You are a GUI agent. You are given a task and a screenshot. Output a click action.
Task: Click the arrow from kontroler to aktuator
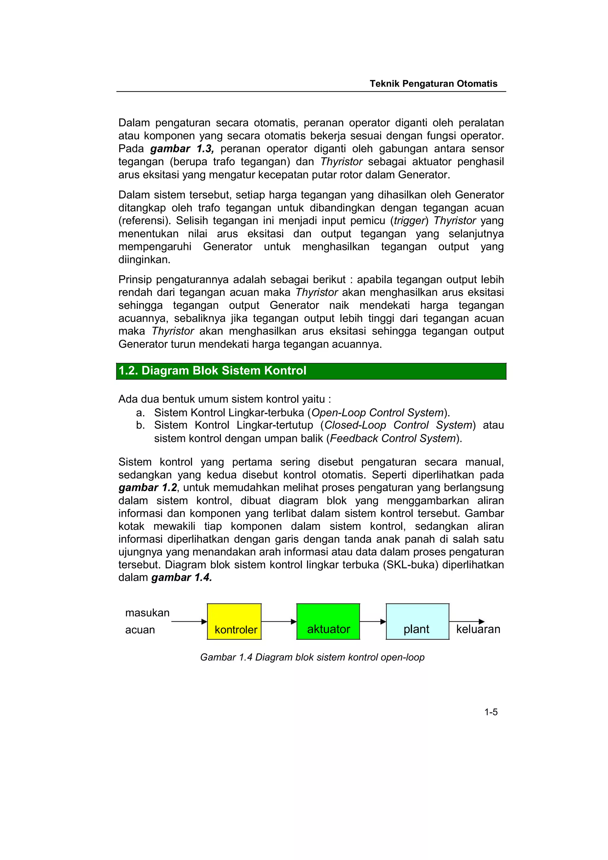(278, 622)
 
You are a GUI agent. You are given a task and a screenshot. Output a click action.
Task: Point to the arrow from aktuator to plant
(373, 622)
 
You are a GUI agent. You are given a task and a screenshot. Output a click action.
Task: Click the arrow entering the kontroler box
(189, 622)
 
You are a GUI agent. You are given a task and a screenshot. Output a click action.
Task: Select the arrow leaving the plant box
(466, 622)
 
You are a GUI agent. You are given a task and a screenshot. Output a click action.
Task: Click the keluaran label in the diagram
(478, 629)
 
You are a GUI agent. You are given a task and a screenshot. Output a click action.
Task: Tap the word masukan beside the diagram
(147, 613)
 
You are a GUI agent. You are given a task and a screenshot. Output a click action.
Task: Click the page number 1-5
(491, 712)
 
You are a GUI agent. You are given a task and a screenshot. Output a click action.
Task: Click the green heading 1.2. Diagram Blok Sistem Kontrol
(212, 371)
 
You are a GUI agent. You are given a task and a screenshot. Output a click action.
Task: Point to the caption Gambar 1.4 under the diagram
(312, 657)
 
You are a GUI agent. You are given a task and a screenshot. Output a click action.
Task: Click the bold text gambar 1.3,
(182, 149)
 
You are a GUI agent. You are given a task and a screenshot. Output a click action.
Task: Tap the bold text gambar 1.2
(148, 488)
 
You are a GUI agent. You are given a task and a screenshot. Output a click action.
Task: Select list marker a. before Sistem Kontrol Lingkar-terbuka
(140, 413)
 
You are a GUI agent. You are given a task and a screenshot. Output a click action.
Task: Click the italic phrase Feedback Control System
(393, 438)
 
